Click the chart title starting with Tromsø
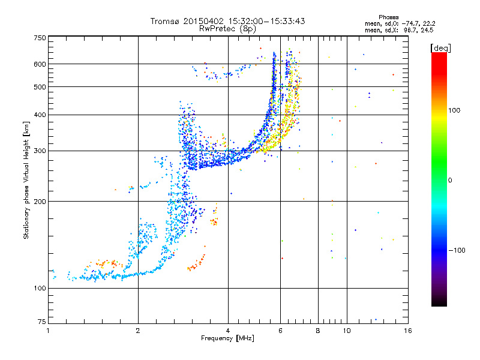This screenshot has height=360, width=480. (x=228, y=21)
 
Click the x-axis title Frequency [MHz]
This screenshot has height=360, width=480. (x=227, y=339)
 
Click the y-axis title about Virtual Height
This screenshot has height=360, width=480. (x=26, y=180)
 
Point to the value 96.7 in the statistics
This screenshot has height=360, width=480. (x=413, y=29)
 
